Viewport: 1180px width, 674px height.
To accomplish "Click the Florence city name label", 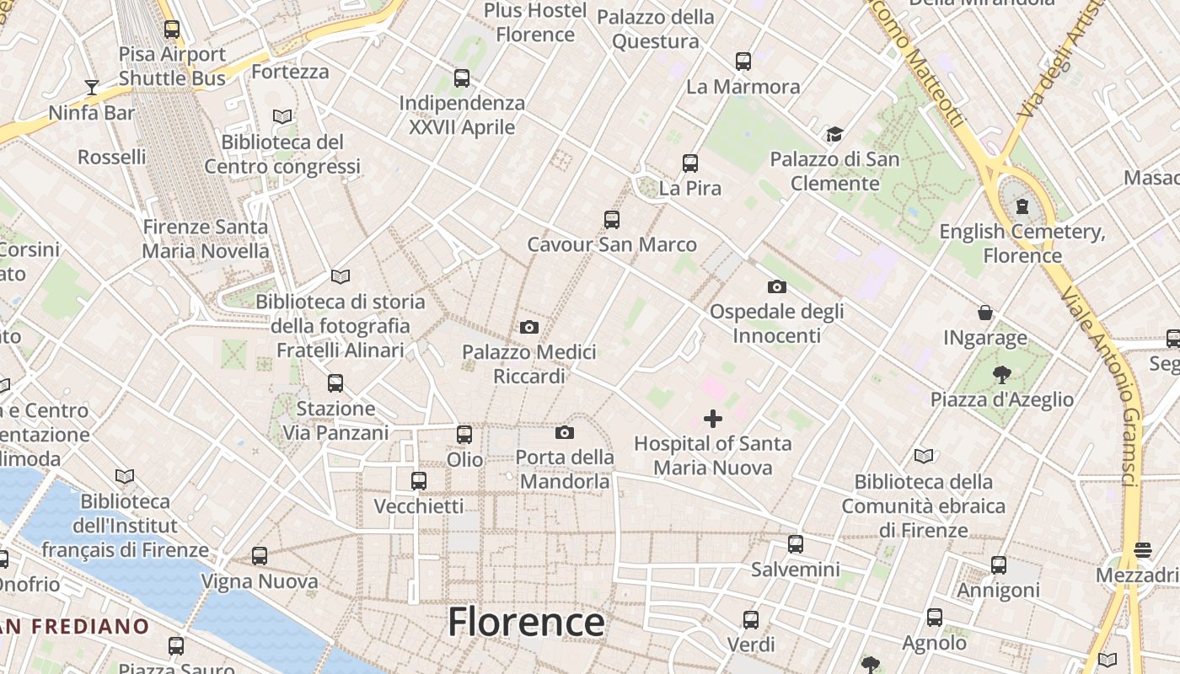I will click(x=526, y=623).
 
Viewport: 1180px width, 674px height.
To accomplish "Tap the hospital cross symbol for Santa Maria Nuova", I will click(x=713, y=418).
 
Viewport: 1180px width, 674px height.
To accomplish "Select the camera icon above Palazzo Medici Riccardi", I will click(x=529, y=327).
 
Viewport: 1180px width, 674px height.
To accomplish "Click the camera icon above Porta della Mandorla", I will click(x=565, y=433).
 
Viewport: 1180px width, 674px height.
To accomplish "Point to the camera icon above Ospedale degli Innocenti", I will click(x=777, y=287).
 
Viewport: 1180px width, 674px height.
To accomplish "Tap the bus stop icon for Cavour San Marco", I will click(x=612, y=220).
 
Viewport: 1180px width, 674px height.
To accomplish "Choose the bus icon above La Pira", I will click(x=690, y=163).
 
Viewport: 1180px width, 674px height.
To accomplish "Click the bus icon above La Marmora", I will click(x=743, y=62).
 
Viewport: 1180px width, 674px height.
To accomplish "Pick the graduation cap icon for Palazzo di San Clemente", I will click(x=834, y=135).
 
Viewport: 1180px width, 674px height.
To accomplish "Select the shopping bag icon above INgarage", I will click(x=984, y=313).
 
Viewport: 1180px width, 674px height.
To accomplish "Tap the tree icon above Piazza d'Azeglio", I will click(x=1002, y=375).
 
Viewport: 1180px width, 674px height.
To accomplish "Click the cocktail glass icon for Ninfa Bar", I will click(x=91, y=88).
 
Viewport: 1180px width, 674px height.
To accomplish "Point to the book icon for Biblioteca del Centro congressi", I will click(x=282, y=117).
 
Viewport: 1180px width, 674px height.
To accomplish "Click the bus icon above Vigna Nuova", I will click(x=260, y=556).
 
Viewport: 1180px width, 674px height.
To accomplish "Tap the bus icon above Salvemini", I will click(x=796, y=544).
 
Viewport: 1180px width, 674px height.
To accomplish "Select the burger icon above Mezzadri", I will click(x=1143, y=550).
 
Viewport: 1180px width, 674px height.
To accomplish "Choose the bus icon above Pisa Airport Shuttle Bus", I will click(x=172, y=29).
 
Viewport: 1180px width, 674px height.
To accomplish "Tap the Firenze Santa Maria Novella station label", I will click(x=205, y=238).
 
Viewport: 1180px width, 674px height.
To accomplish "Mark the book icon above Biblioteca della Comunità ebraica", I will click(x=924, y=457).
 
